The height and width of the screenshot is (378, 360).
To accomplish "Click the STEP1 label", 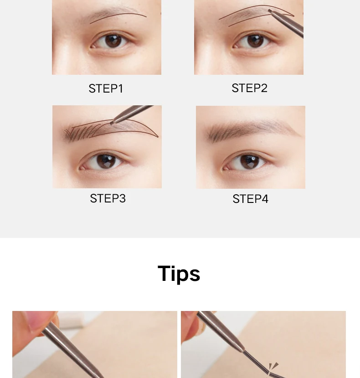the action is pyautogui.click(x=106, y=88).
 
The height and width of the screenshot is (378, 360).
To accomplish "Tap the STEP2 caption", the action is pyautogui.click(x=249, y=88).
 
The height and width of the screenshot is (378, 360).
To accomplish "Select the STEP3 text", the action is pyautogui.click(x=108, y=198).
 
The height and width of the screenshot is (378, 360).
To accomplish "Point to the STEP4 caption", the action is pyautogui.click(x=250, y=199).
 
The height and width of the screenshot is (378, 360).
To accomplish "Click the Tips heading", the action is pyautogui.click(x=179, y=274).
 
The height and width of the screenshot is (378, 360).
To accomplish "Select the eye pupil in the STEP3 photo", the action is pyautogui.click(x=106, y=161).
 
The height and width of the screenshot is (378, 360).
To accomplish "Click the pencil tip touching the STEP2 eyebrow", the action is pyautogui.click(x=269, y=11).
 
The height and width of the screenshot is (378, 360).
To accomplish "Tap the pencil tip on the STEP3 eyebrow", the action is pyautogui.click(x=111, y=123).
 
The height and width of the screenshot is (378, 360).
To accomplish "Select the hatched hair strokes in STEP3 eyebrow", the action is pyautogui.click(x=82, y=133).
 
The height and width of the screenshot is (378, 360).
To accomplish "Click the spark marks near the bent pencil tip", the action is pyautogui.click(x=273, y=366).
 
